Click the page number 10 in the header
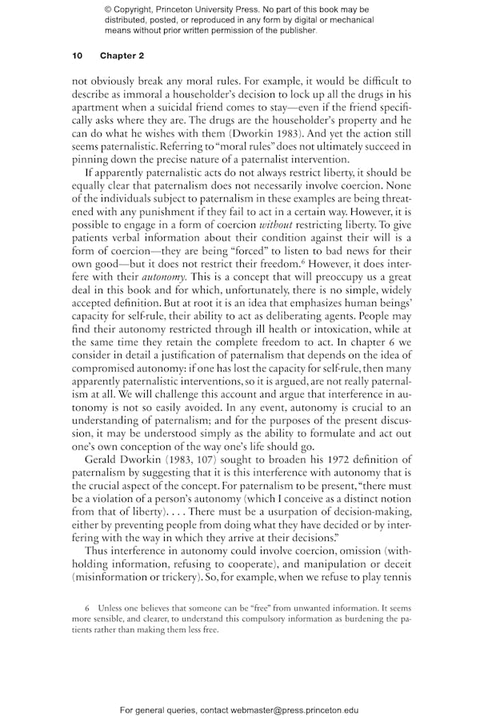click(x=77, y=55)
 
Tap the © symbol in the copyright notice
click(x=110, y=9)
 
